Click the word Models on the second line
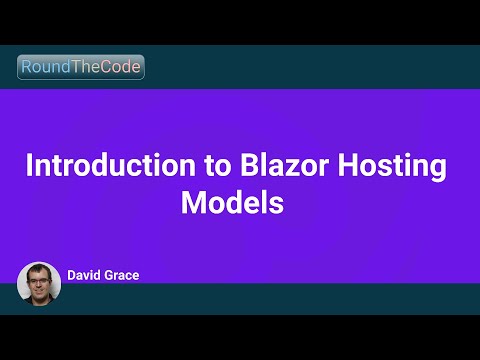point(233,202)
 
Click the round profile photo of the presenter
point(39,283)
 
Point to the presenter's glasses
point(39,281)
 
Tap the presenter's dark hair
point(39,268)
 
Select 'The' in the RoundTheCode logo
point(88,68)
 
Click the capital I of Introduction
point(29,166)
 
